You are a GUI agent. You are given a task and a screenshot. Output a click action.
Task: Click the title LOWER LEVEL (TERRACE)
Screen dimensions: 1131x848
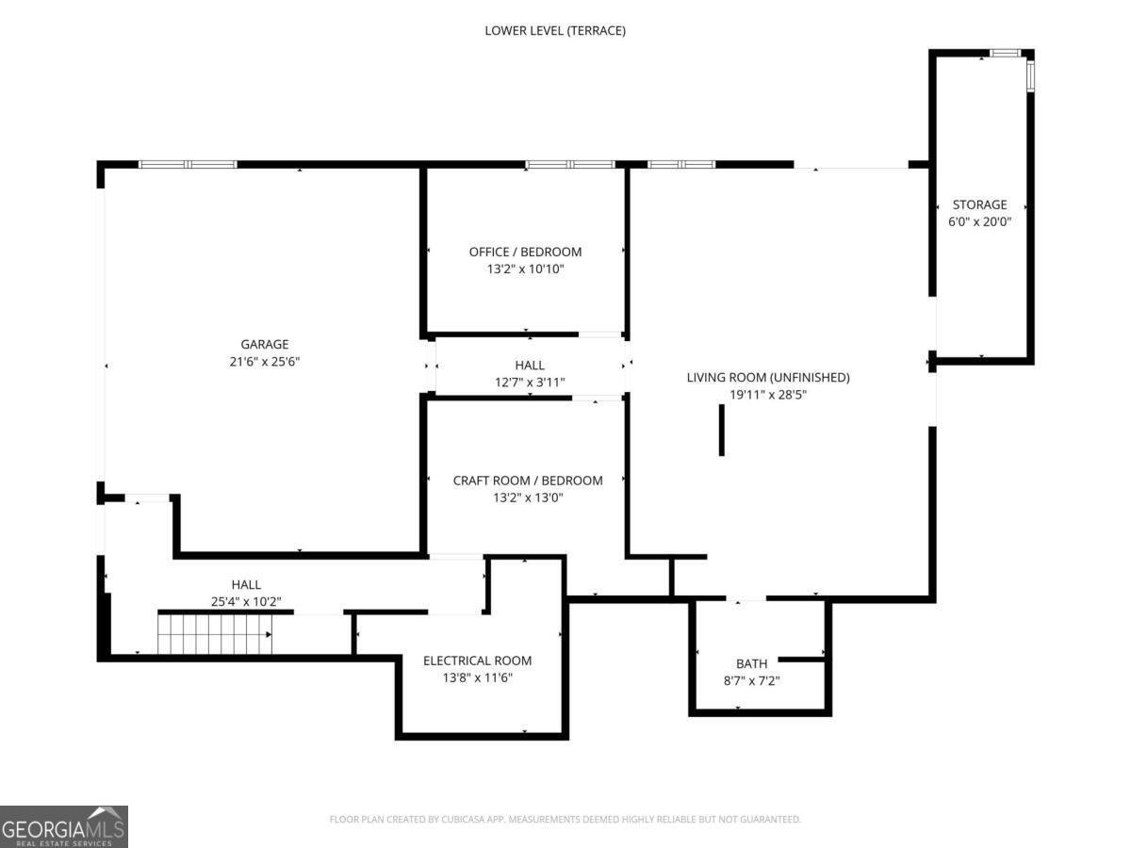(x=555, y=31)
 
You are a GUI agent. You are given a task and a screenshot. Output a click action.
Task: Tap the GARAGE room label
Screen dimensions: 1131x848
(x=264, y=344)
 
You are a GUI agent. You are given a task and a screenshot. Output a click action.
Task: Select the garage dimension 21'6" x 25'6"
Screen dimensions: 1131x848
(x=264, y=362)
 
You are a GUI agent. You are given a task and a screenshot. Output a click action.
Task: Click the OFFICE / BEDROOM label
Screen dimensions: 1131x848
(x=525, y=252)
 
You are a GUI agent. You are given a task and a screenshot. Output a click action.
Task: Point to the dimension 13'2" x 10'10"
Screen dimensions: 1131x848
(x=526, y=269)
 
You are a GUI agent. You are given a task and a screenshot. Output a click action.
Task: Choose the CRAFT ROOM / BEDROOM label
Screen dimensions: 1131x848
(x=528, y=481)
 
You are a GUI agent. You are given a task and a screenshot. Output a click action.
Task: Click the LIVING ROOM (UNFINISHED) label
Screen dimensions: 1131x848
(x=768, y=378)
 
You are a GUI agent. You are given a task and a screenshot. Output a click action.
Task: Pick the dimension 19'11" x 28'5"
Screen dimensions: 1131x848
(x=768, y=395)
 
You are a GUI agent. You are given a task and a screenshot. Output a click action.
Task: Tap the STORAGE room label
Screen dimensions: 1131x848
(x=979, y=204)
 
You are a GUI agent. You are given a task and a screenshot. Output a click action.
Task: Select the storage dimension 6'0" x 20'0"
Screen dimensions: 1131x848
(x=979, y=221)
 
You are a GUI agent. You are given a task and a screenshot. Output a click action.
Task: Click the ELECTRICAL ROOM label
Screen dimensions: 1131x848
(x=477, y=660)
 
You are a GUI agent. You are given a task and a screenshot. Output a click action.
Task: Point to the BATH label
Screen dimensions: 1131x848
(x=751, y=663)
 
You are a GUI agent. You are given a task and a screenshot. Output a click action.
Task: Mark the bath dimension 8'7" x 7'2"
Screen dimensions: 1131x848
(x=751, y=680)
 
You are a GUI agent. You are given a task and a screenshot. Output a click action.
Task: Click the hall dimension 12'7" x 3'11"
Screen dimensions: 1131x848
(x=530, y=382)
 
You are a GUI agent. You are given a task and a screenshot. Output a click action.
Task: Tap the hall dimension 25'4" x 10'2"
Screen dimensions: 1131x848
(x=246, y=601)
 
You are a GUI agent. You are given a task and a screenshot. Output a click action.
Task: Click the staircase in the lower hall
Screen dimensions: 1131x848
(x=215, y=634)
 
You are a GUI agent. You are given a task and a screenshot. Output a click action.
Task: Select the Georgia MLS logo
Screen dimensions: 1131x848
(x=64, y=827)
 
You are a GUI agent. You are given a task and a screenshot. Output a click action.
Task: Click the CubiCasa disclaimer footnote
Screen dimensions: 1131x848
(x=565, y=819)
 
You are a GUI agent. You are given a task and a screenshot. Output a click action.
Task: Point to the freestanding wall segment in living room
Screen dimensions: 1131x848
(x=721, y=430)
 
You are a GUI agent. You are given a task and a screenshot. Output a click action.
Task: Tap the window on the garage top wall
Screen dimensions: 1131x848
(x=188, y=165)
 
